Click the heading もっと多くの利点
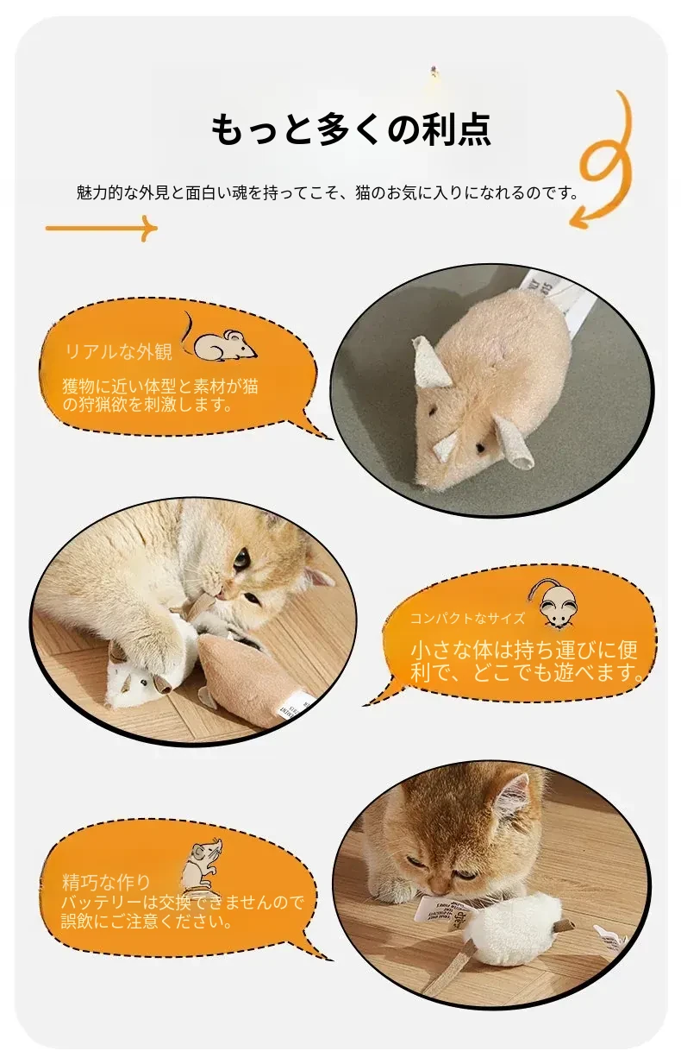click(350, 129)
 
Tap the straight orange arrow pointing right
click(101, 228)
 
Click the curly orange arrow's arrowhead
click(581, 218)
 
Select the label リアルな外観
click(119, 351)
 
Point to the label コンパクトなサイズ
click(467, 618)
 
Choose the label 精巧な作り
click(106, 882)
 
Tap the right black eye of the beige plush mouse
click(480, 448)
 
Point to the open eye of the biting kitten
click(241, 559)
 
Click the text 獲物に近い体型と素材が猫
click(160, 387)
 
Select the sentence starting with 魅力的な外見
click(328, 192)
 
